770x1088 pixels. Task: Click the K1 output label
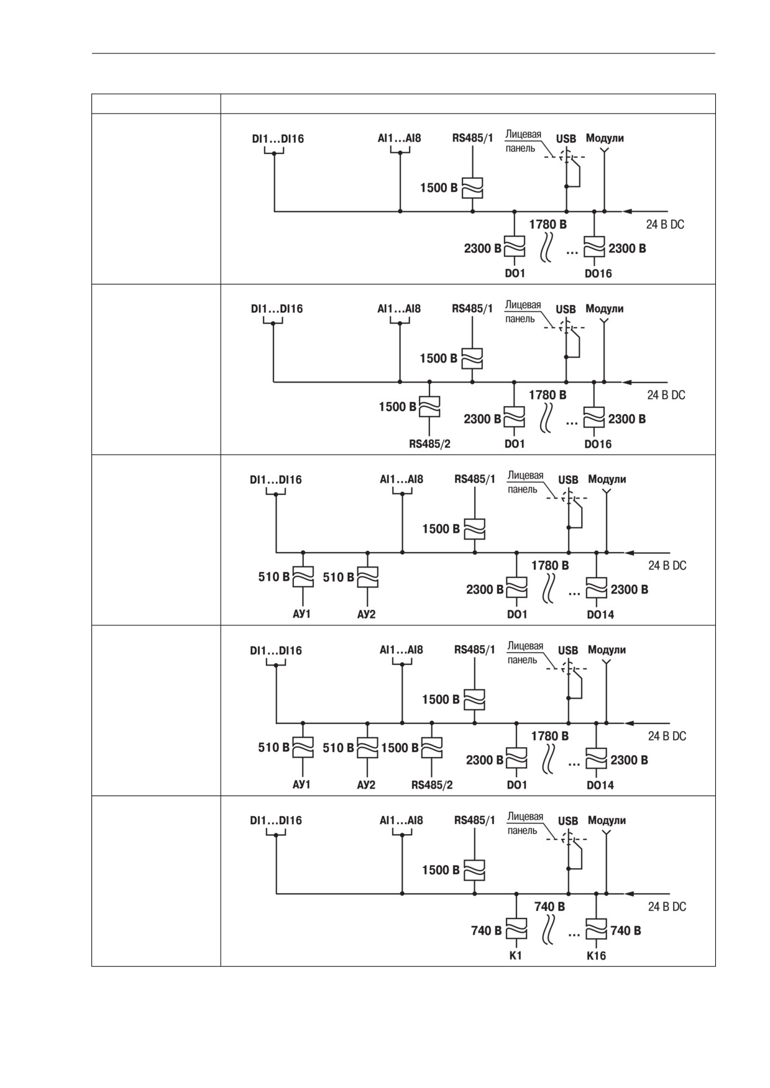click(515, 956)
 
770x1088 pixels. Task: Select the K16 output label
click(596, 956)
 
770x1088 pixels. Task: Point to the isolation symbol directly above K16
click(597, 930)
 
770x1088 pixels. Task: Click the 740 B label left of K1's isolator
click(486, 931)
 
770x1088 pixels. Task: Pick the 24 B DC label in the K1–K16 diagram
click(667, 907)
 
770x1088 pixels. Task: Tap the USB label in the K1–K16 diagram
click(568, 821)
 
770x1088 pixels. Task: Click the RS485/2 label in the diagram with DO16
click(429, 444)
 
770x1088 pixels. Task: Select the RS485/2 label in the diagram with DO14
click(432, 785)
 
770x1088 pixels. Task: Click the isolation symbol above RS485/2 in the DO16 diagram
click(429, 407)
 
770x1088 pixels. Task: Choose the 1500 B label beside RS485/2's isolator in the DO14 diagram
click(400, 748)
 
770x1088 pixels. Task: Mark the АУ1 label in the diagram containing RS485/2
click(301, 785)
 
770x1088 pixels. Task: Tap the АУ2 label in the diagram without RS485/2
click(366, 615)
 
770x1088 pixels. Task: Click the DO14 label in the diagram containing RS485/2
click(600, 786)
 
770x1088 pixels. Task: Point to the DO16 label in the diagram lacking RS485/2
click(598, 274)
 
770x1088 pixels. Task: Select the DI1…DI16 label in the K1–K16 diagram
click(276, 820)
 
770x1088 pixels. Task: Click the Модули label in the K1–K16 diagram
click(607, 820)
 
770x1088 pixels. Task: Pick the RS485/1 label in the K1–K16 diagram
click(475, 820)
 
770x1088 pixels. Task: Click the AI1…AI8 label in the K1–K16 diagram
click(401, 820)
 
